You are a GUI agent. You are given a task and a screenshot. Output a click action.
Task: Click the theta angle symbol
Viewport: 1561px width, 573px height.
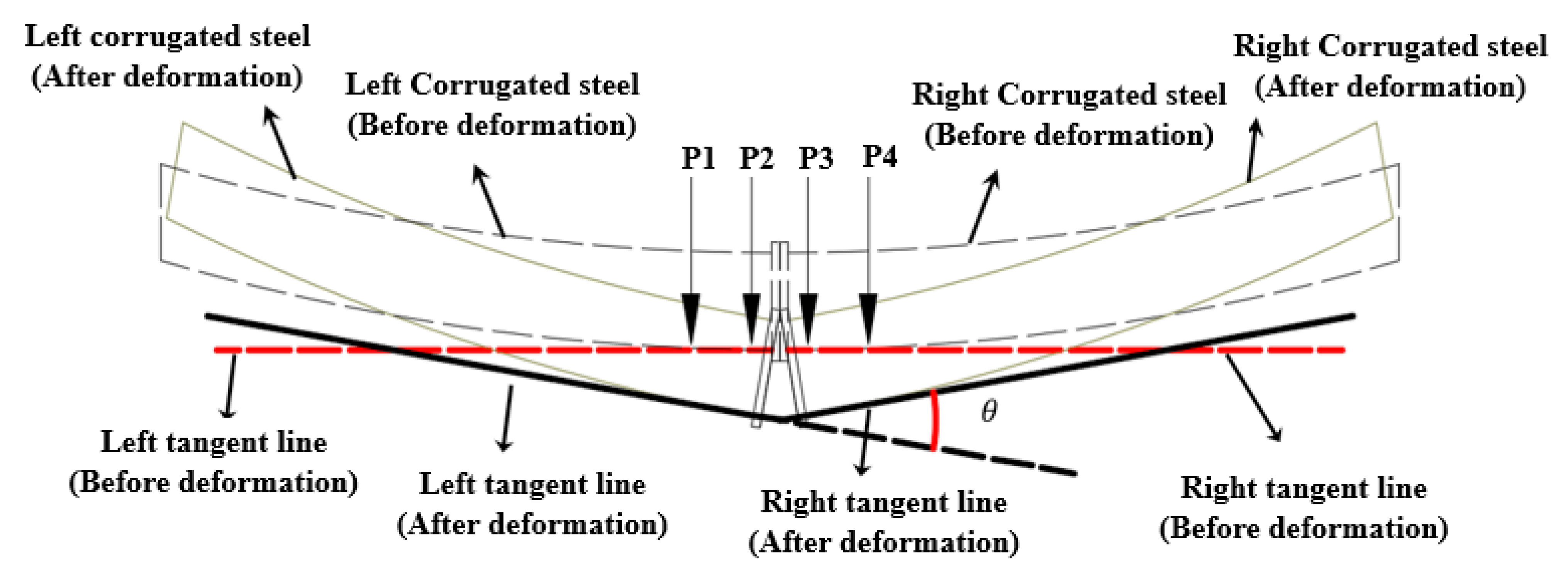(x=988, y=412)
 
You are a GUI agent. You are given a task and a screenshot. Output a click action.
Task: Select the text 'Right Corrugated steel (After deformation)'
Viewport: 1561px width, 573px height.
(x=1390, y=67)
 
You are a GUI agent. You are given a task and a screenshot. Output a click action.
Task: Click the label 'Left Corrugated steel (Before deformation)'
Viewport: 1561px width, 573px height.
(x=492, y=104)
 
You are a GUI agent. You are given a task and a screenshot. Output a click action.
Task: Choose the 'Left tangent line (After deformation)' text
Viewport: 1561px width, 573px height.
(x=532, y=504)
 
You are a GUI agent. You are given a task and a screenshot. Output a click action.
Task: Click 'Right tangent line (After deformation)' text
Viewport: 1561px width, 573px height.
(x=883, y=522)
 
